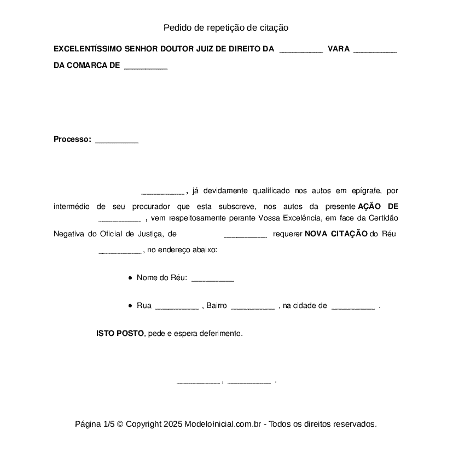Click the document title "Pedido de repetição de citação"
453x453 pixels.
pos(225,27)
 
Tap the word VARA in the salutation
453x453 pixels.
pos(338,49)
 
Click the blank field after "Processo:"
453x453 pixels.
pos(117,141)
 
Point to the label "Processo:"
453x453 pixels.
pos(72,139)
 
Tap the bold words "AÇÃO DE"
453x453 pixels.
pos(377,206)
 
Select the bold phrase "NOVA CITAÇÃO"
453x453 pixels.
pos(336,234)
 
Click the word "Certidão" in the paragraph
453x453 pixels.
pos(382,218)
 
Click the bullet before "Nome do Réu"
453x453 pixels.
pos(130,278)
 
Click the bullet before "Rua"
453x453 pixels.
pos(130,306)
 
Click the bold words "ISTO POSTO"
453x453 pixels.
pos(120,333)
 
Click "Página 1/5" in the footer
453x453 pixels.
pos(95,424)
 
